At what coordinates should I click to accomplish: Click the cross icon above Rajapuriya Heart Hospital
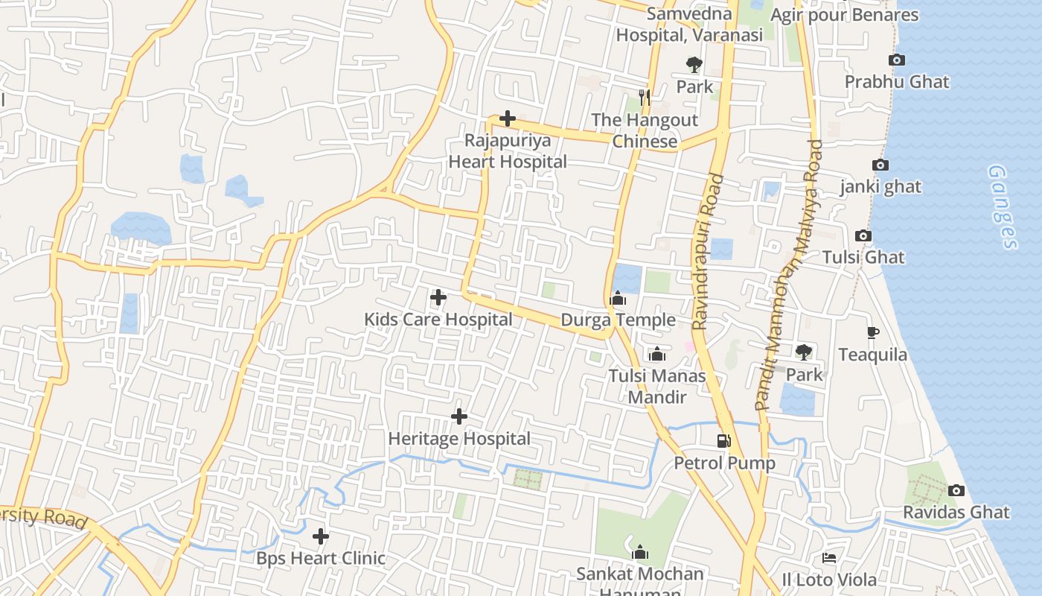[508, 118]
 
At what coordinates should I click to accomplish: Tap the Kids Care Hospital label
[438, 320]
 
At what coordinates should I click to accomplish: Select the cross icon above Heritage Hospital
[459, 416]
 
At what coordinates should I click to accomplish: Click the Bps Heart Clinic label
[321, 558]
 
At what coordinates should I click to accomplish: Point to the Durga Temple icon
[618, 299]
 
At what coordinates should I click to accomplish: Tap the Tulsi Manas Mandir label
[657, 386]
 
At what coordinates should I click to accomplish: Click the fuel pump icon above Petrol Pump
[724, 441]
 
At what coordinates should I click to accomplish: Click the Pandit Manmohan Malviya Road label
[789, 276]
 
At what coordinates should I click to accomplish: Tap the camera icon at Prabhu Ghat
[897, 60]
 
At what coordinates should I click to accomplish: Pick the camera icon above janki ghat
[880, 165]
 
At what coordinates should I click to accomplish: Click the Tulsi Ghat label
[863, 258]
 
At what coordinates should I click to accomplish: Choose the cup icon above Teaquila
[873, 332]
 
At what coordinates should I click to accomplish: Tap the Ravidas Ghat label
[956, 513]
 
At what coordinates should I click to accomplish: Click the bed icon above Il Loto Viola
[829, 557]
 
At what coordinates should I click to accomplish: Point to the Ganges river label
[1002, 206]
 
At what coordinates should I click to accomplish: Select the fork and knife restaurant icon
[645, 97]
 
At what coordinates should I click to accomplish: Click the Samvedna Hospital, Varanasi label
[689, 24]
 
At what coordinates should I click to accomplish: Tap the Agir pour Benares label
[844, 15]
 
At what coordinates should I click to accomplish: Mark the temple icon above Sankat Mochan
[639, 552]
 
